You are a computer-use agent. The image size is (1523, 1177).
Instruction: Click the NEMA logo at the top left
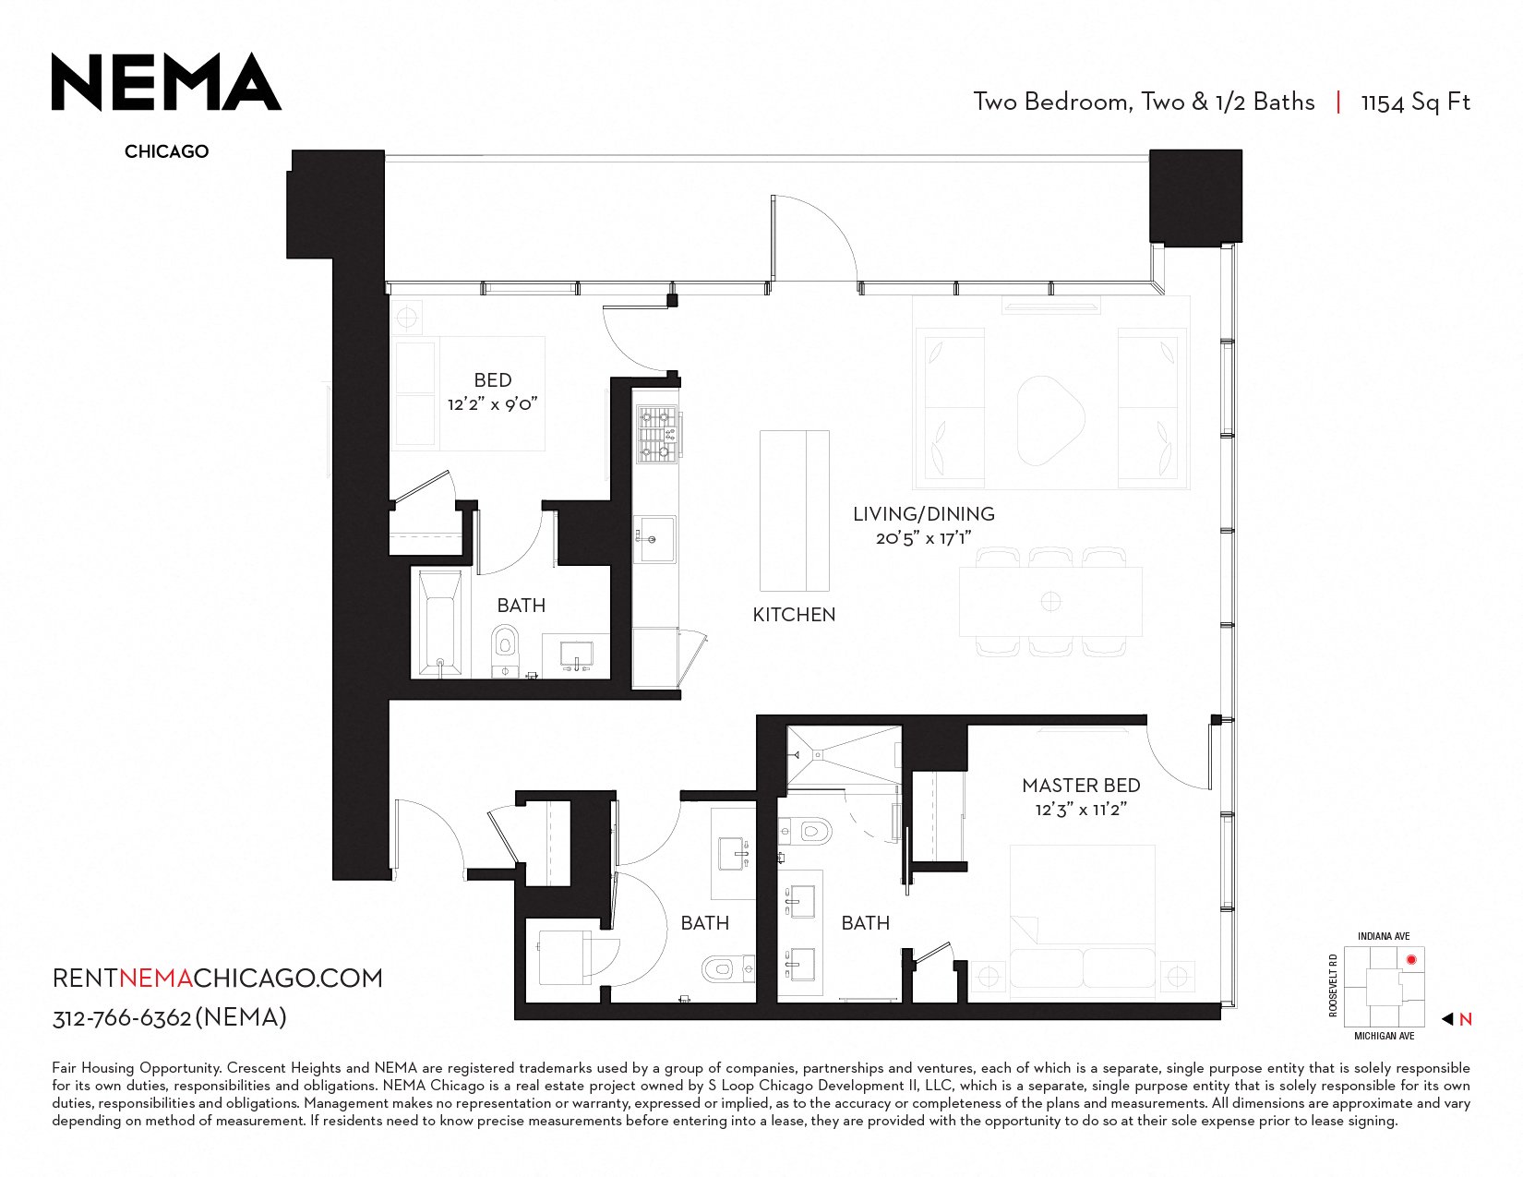[166, 82]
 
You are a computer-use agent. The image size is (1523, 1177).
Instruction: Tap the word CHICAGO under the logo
[167, 151]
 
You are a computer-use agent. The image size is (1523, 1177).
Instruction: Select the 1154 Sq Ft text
[1415, 102]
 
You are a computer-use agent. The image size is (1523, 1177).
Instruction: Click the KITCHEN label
[794, 615]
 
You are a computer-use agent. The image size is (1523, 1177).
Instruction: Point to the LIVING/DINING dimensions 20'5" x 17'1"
[924, 538]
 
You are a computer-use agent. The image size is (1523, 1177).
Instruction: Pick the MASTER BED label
[1082, 786]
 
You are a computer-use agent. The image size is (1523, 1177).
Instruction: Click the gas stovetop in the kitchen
[656, 435]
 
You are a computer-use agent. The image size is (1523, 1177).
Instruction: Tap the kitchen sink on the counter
[654, 539]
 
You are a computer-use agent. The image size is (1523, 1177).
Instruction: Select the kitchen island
[795, 511]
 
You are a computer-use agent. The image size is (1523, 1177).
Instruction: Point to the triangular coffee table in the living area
[1049, 421]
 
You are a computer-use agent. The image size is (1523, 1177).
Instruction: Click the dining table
[1050, 602]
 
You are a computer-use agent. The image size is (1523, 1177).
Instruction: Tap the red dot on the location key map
[1411, 960]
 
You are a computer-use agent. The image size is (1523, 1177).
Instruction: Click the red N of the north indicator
[1465, 1019]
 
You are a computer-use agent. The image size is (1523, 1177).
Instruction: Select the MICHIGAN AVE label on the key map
[1385, 1036]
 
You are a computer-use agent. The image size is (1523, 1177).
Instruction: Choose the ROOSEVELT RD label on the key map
[1333, 985]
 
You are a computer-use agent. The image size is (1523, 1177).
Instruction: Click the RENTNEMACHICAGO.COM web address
[217, 979]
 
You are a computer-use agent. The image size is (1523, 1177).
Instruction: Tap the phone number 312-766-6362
[122, 1018]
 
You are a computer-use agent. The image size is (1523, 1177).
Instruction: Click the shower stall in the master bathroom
[844, 756]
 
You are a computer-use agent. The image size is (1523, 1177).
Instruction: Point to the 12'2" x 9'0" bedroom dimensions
[493, 404]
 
